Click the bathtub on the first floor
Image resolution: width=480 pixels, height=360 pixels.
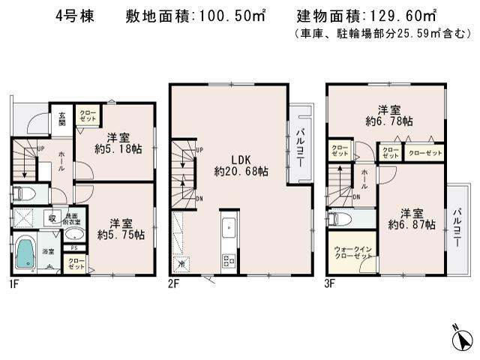[x=25, y=253]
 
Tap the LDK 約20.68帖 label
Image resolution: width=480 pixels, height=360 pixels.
[x=241, y=165]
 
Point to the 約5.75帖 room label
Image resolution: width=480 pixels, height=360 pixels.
[x=120, y=228]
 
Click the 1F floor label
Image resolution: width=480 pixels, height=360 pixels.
[x=13, y=284]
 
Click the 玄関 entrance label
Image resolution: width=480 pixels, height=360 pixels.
[x=62, y=118]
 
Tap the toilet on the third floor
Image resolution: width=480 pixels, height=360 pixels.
[x=340, y=220]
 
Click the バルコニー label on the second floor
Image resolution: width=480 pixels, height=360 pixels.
[x=300, y=146]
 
